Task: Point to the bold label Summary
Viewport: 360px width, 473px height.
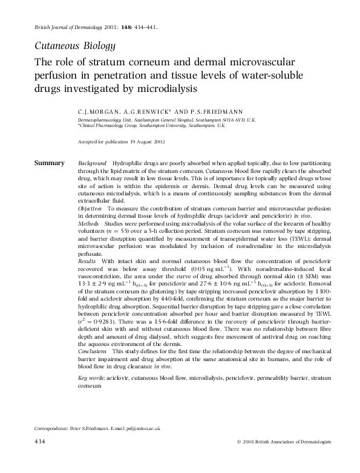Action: tap(49, 163)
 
